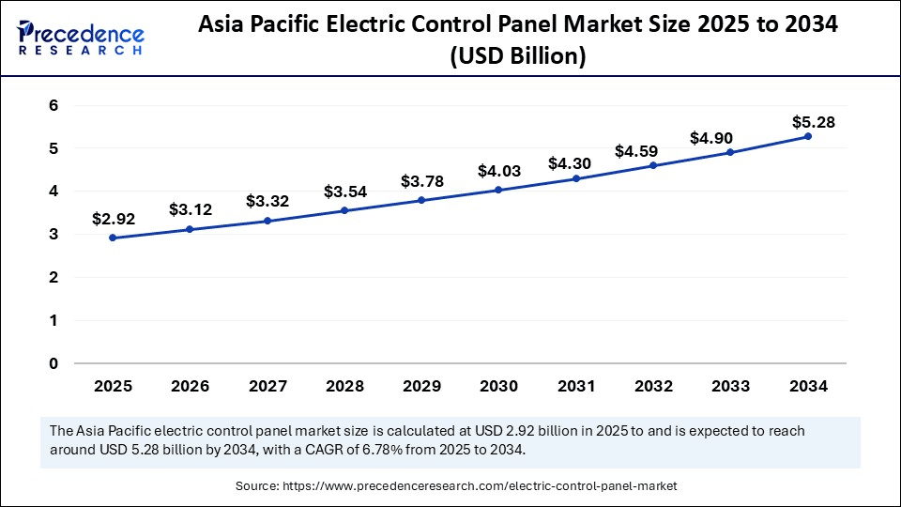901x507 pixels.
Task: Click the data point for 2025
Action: (x=113, y=238)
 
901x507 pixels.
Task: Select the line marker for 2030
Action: (x=498, y=190)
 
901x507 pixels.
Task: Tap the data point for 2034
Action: (x=807, y=136)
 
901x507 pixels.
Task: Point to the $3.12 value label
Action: (x=191, y=209)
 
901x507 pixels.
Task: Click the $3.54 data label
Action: (x=344, y=192)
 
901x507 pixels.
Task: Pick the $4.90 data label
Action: (x=729, y=138)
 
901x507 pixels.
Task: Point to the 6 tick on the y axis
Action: (x=54, y=105)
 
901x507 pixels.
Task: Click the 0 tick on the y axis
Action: (x=54, y=363)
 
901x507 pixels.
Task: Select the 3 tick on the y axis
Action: (x=54, y=235)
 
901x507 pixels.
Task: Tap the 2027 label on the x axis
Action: (x=267, y=386)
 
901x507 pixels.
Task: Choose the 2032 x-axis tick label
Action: (x=652, y=386)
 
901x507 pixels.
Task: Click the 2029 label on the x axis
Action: (x=421, y=386)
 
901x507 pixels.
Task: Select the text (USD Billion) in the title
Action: (x=518, y=56)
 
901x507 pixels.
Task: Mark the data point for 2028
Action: (x=344, y=210)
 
